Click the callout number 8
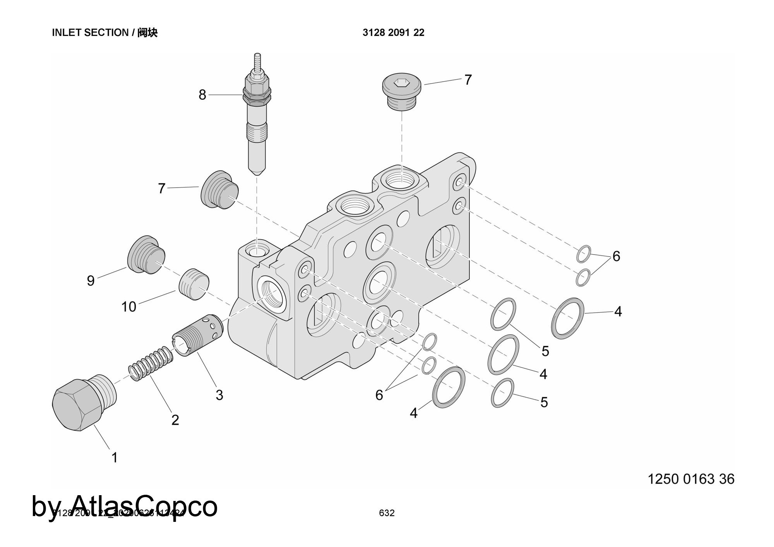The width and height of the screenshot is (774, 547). coord(202,95)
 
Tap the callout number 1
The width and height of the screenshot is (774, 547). coord(115,458)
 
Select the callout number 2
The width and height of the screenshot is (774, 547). coord(175,420)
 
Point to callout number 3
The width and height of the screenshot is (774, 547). coord(219,395)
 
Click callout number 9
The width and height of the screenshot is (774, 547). coord(91,281)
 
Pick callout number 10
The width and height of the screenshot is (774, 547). coord(129,307)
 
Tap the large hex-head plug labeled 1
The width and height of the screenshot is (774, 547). coord(77,404)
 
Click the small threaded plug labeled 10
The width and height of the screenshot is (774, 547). coord(194,284)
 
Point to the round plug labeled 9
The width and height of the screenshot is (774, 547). coord(146,254)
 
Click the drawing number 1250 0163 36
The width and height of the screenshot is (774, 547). coord(691,479)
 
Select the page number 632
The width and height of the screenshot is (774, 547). coord(387,513)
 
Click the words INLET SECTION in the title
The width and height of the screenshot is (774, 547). coord(90,33)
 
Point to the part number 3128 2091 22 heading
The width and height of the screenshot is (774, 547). coord(393,33)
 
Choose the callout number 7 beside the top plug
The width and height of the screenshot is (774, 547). coord(468,80)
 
